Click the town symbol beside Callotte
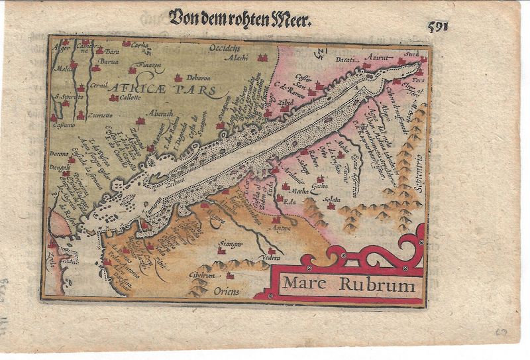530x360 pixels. (113, 98)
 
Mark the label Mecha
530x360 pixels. (291, 191)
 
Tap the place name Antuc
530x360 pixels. (282, 229)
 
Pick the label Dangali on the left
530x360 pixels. (60, 167)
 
